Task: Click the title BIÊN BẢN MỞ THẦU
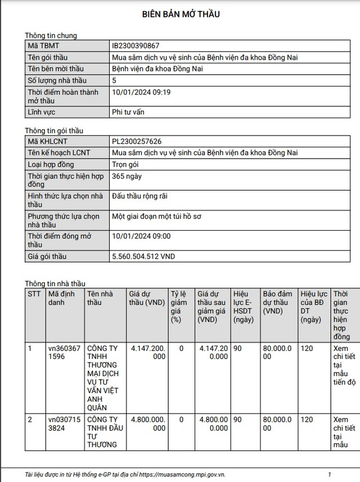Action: coord(180,14)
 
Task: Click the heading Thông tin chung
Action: coord(51,35)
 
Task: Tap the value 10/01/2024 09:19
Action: coord(141,92)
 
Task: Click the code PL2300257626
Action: coord(141,141)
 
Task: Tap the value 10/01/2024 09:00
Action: coord(141,237)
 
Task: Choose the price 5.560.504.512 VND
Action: coord(143,256)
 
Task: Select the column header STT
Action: coord(34,294)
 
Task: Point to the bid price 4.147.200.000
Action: coord(147,353)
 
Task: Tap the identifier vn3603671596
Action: coord(64,353)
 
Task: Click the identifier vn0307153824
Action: coord(64,424)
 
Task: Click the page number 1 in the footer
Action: coord(330,475)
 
